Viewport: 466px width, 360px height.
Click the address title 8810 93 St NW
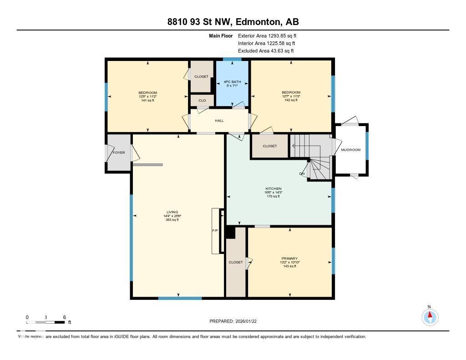tap(233, 22)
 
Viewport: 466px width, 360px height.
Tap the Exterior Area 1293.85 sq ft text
tap(267, 35)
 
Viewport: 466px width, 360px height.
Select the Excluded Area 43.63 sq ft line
tap(266, 51)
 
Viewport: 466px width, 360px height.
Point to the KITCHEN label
tap(274, 188)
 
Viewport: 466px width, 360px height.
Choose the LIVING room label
tap(172, 212)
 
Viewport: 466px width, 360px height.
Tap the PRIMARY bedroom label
tap(289, 259)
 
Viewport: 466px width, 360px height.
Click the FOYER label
tap(118, 152)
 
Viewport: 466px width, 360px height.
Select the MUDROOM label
tap(351, 150)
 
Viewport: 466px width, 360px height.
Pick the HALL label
tap(219, 121)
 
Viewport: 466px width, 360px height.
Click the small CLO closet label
tap(202, 100)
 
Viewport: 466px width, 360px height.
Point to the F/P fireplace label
tap(215, 231)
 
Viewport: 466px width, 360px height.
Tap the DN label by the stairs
tap(302, 174)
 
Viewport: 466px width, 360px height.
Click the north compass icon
tap(429, 316)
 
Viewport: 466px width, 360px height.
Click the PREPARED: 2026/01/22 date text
tap(236, 321)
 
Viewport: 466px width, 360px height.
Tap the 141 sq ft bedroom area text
tap(148, 100)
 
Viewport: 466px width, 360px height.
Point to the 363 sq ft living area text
tap(172, 220)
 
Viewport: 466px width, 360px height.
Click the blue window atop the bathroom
tap(232, 59)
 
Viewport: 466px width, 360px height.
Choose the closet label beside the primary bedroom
tap(236, 262)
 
